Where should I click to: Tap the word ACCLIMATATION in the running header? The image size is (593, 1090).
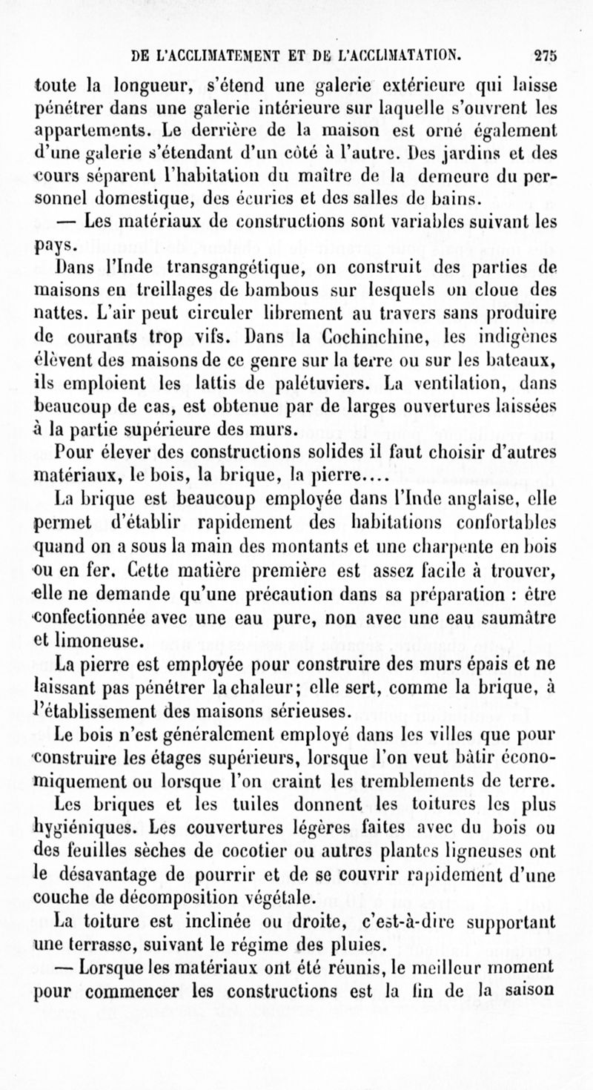click(398, 53)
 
